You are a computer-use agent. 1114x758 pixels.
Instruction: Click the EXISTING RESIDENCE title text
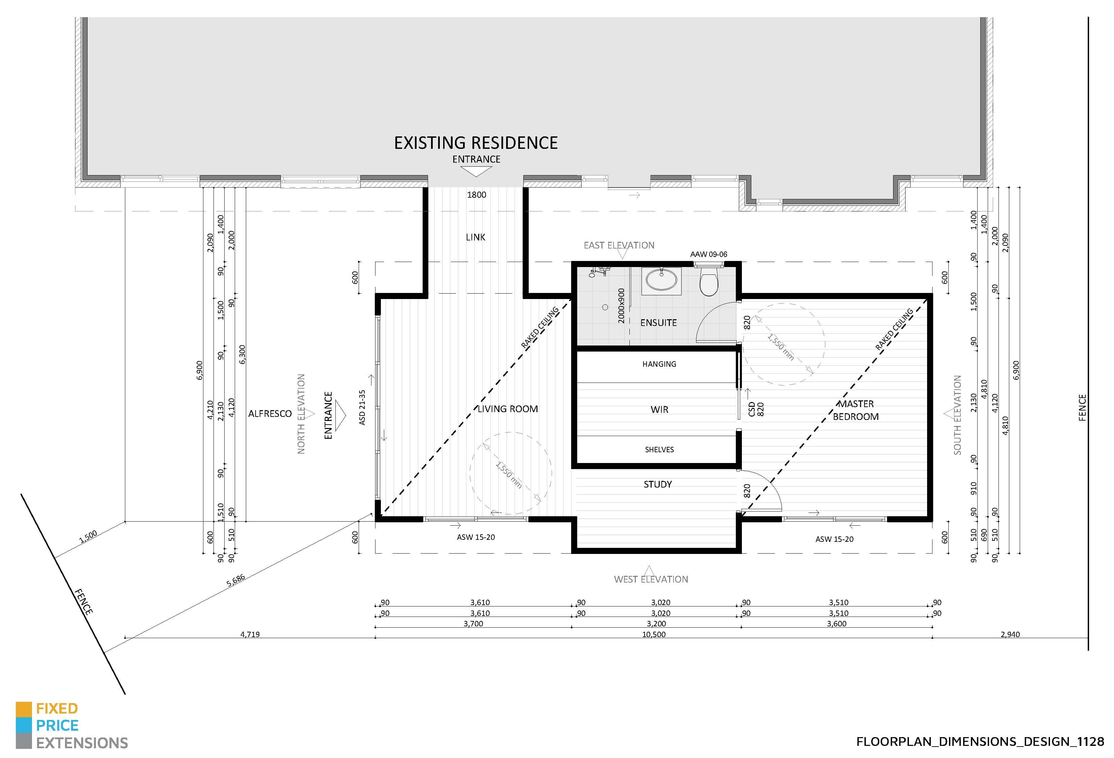coord(476,143)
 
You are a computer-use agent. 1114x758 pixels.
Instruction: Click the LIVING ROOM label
coord(507,409)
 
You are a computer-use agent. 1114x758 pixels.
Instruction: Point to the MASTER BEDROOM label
coord(856,410)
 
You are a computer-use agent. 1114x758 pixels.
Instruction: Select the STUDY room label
coord(658,484)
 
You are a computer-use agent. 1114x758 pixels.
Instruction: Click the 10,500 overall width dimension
coord(654,634)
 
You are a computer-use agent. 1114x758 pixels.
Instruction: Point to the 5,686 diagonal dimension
coord(235,581)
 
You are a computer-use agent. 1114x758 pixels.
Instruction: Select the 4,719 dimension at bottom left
coord(250,634)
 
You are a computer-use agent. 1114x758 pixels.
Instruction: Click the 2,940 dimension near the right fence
coord(1010,634)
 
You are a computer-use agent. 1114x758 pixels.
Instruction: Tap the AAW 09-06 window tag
coord(709,254)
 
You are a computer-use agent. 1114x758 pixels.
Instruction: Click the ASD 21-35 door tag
coord(362,407)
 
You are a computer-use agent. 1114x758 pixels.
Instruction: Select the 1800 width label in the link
coord(477,195)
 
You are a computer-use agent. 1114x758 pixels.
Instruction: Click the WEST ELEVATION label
coord(651,579)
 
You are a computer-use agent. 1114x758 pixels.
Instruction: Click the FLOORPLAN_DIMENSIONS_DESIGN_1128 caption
coord(980,742)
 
